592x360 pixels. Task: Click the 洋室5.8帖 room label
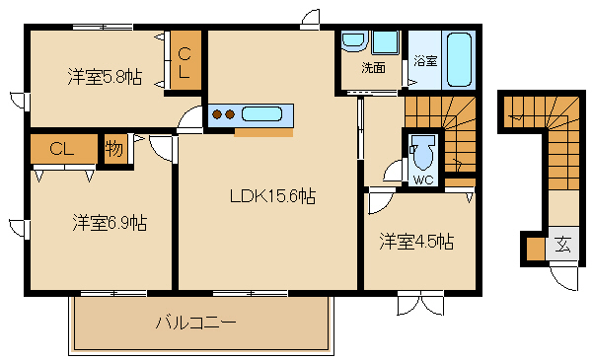click(105, 75)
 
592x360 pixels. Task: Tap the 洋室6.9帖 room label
click(110, 223)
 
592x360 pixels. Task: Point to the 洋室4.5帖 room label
click(417, 240)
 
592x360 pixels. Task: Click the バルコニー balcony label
click(196, 323)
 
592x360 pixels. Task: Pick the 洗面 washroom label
click(373, 68)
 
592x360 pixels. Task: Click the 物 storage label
click(113, 150)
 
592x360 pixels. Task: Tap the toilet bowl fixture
click(425, 152)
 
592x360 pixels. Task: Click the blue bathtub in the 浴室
click(459, 60)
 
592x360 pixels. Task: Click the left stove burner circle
click(218, 114)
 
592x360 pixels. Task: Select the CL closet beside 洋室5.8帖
click(185, 60)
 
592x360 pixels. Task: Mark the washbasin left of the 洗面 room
click(353, 42)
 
